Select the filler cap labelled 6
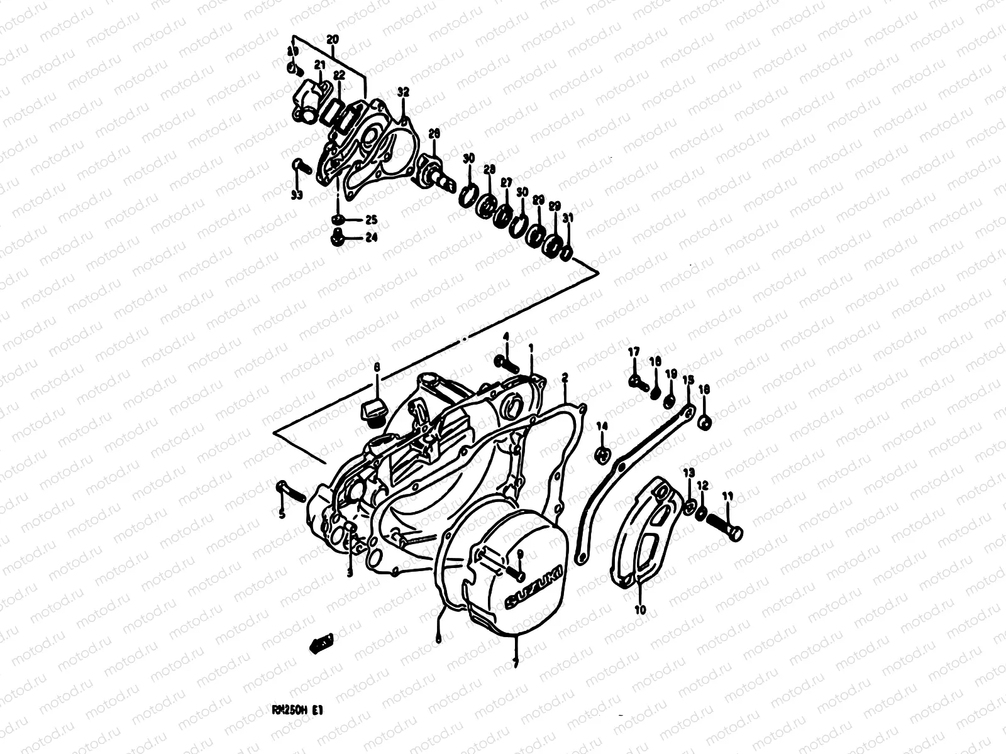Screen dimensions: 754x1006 point(372,411)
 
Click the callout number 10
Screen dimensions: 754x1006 point(641,609)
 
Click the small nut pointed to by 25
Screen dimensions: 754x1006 point(338,219)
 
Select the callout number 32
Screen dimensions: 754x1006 point(403,92)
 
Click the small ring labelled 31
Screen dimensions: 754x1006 point(567,253)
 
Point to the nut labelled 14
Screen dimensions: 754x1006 point(602,453)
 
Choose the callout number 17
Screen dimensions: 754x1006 point(634,351)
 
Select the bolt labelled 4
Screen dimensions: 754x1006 point(508,363)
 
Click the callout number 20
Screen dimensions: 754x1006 point(333,39)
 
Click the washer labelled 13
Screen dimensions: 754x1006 point(689,506)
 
